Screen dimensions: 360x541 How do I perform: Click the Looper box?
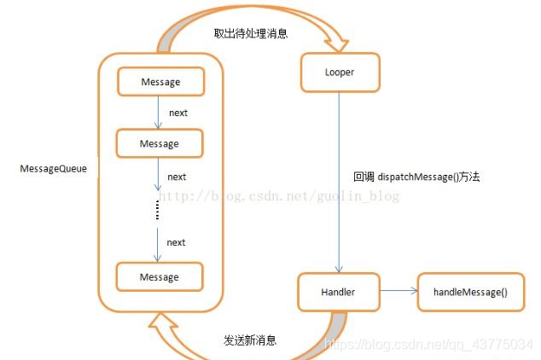tap(340, 73)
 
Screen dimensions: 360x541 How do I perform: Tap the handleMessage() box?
tap(470, 292)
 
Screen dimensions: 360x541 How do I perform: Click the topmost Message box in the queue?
tap(160, 82)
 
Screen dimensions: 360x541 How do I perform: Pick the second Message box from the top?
tap(160, 143)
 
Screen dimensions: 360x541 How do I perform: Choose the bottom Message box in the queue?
tap(160, 277)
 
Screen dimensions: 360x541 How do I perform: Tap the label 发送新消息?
tap(250, 340)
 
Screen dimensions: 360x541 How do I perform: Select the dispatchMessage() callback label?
tap(418, 177)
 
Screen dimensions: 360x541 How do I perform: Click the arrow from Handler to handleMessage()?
tap(398, 292)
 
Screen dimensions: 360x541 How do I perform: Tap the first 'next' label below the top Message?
tap(177, 113)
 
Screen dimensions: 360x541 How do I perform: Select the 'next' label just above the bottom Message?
tap(176, 242)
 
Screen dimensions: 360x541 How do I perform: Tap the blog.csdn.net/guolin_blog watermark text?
tap(282, 196)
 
